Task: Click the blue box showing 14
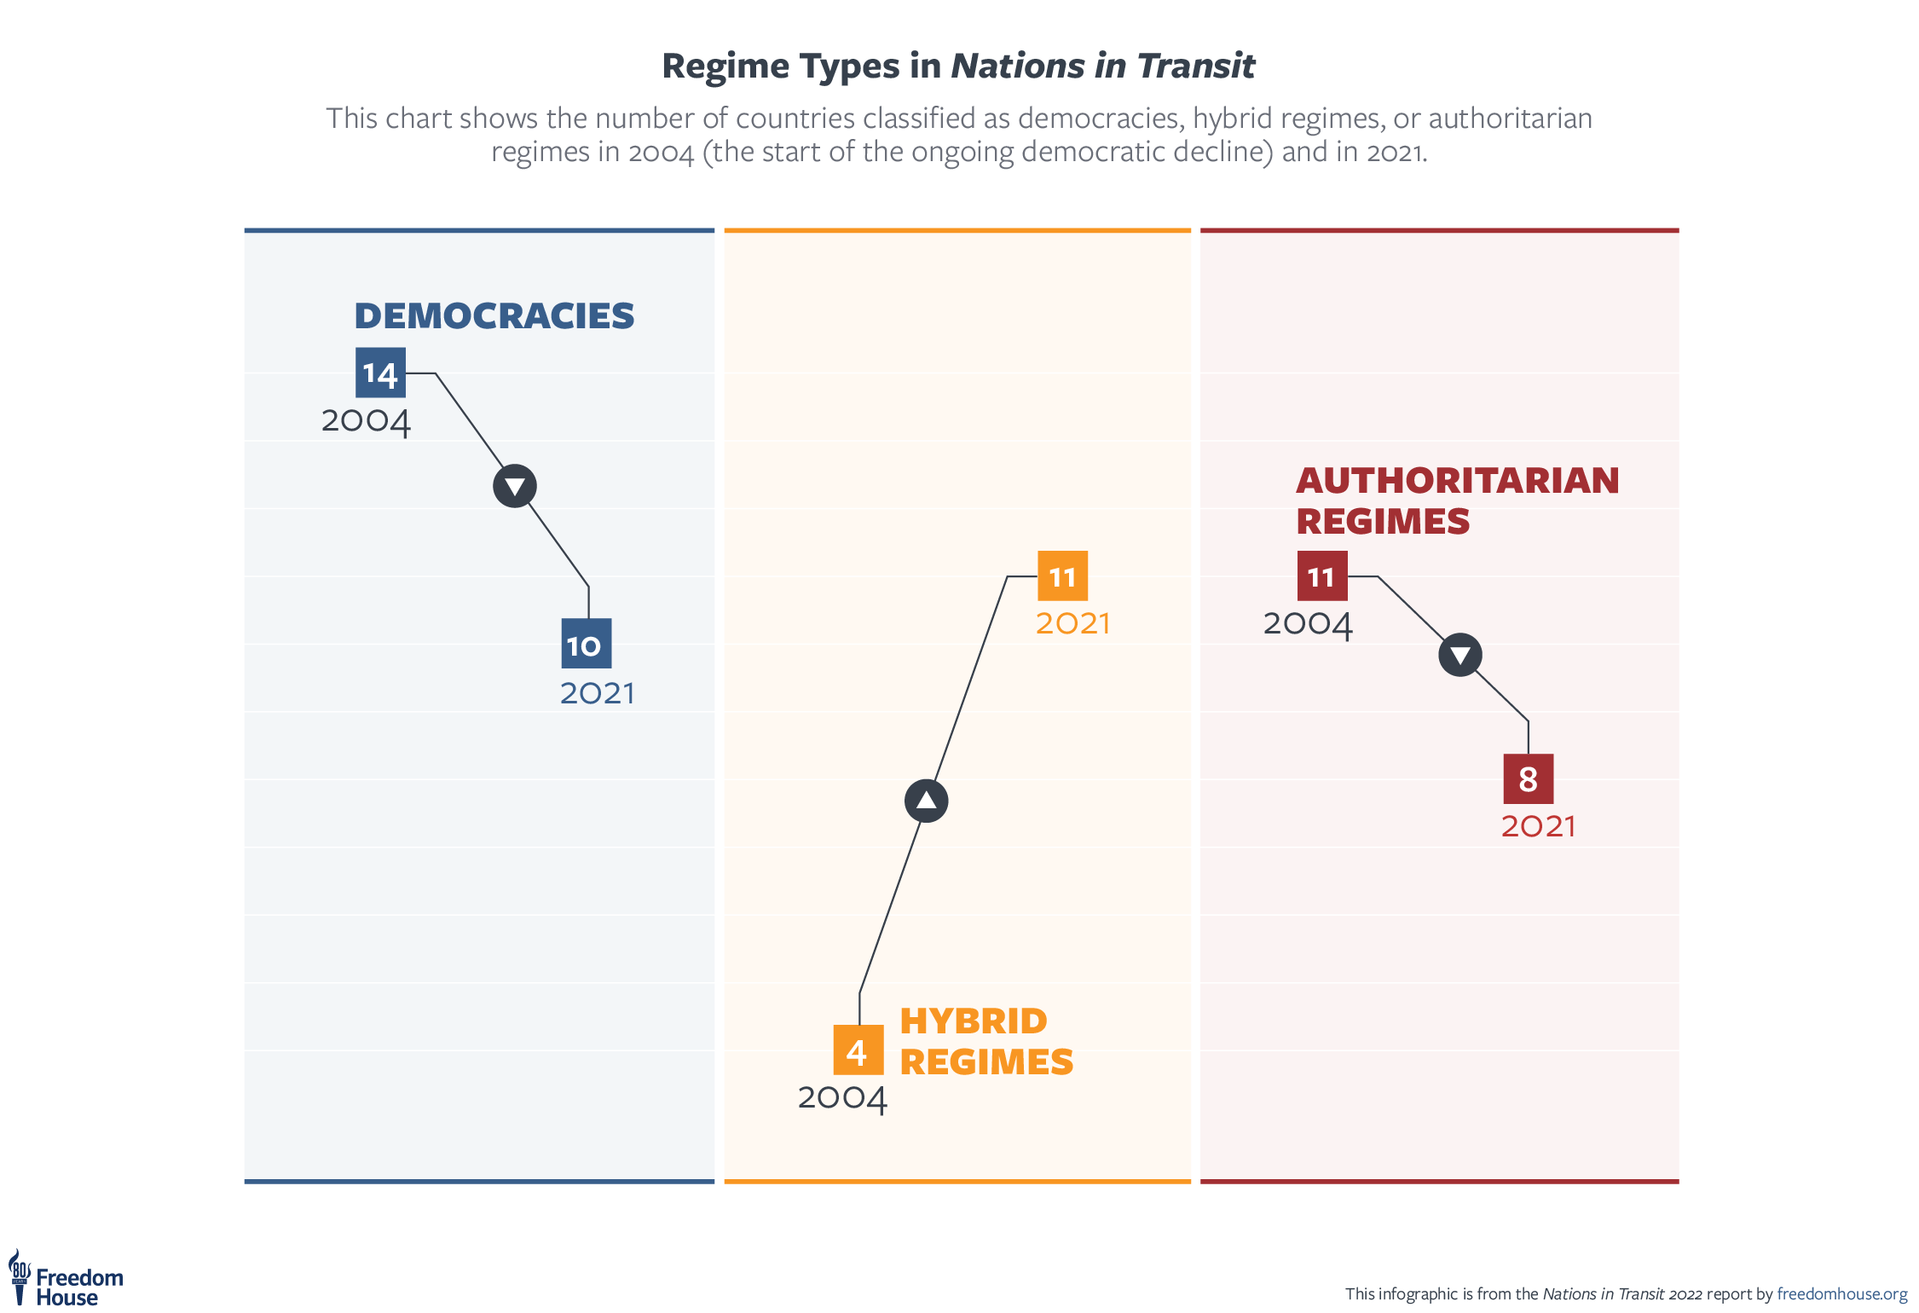(x=380, y=373)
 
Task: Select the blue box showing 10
(x=586, y=644)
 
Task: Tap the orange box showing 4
(x=858, y=1050)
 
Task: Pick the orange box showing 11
(x=1062, y=576)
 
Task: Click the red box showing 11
(x=1321, y=576)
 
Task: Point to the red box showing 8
(x=1528, y=778)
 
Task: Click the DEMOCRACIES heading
(x=494, y=315)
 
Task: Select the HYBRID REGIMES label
(x=986, y=1041)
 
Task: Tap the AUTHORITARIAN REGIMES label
(x=1457, y=500)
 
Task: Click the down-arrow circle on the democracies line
(x=515, y=486)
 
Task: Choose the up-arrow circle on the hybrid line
(x=926, y=801)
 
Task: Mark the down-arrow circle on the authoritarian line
(x=1460, y=655)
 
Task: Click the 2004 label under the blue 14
(x=366, y=421)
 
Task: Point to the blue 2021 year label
(x=597, y=693)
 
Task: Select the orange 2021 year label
(x=1072, y=623)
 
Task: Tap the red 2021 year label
(x=1538, y=826)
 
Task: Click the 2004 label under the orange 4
(x=842, y=1098)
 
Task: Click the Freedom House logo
(x=66, y=1280)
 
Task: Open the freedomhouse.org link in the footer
(x=1841, y=1294)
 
